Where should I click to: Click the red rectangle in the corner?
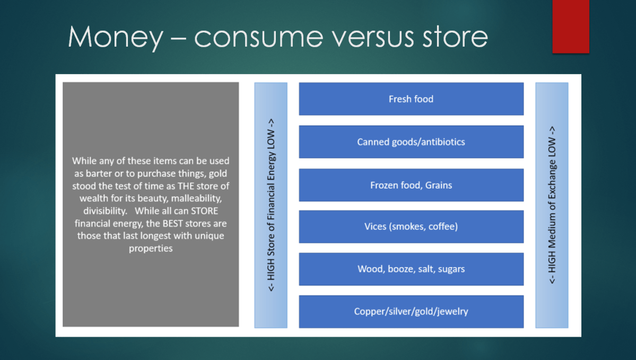pyautogui.click(x=571, y=27)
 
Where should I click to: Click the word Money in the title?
pyautogui.click(x=115, y=37)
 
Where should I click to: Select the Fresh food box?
pyautogui.click(x=411, y=99)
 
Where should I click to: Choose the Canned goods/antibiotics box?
pyautogui.click(x=411, y=142)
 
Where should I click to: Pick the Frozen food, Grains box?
pyautogui.click(x=411, y=185)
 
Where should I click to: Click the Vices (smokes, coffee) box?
pyautogui.click(x=411, y=226)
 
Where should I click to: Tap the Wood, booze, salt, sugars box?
pyautogui.click(x=411, y=269)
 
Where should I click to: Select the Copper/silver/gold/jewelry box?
pyautogui.click(x=411, y=312)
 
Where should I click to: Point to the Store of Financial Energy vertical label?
pyautogui.click(x=271, y=205)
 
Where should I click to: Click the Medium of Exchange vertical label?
pyautogui.click(x=552, y=205)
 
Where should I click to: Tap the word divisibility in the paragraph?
pyautogui.click(x=105, y=211)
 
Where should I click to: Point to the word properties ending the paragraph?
pyautogui.click(x=151, y=249)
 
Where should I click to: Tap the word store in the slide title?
pyautogui.click(x=455, y=37)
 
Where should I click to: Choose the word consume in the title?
pyautogui.click(x=258, y=37)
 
